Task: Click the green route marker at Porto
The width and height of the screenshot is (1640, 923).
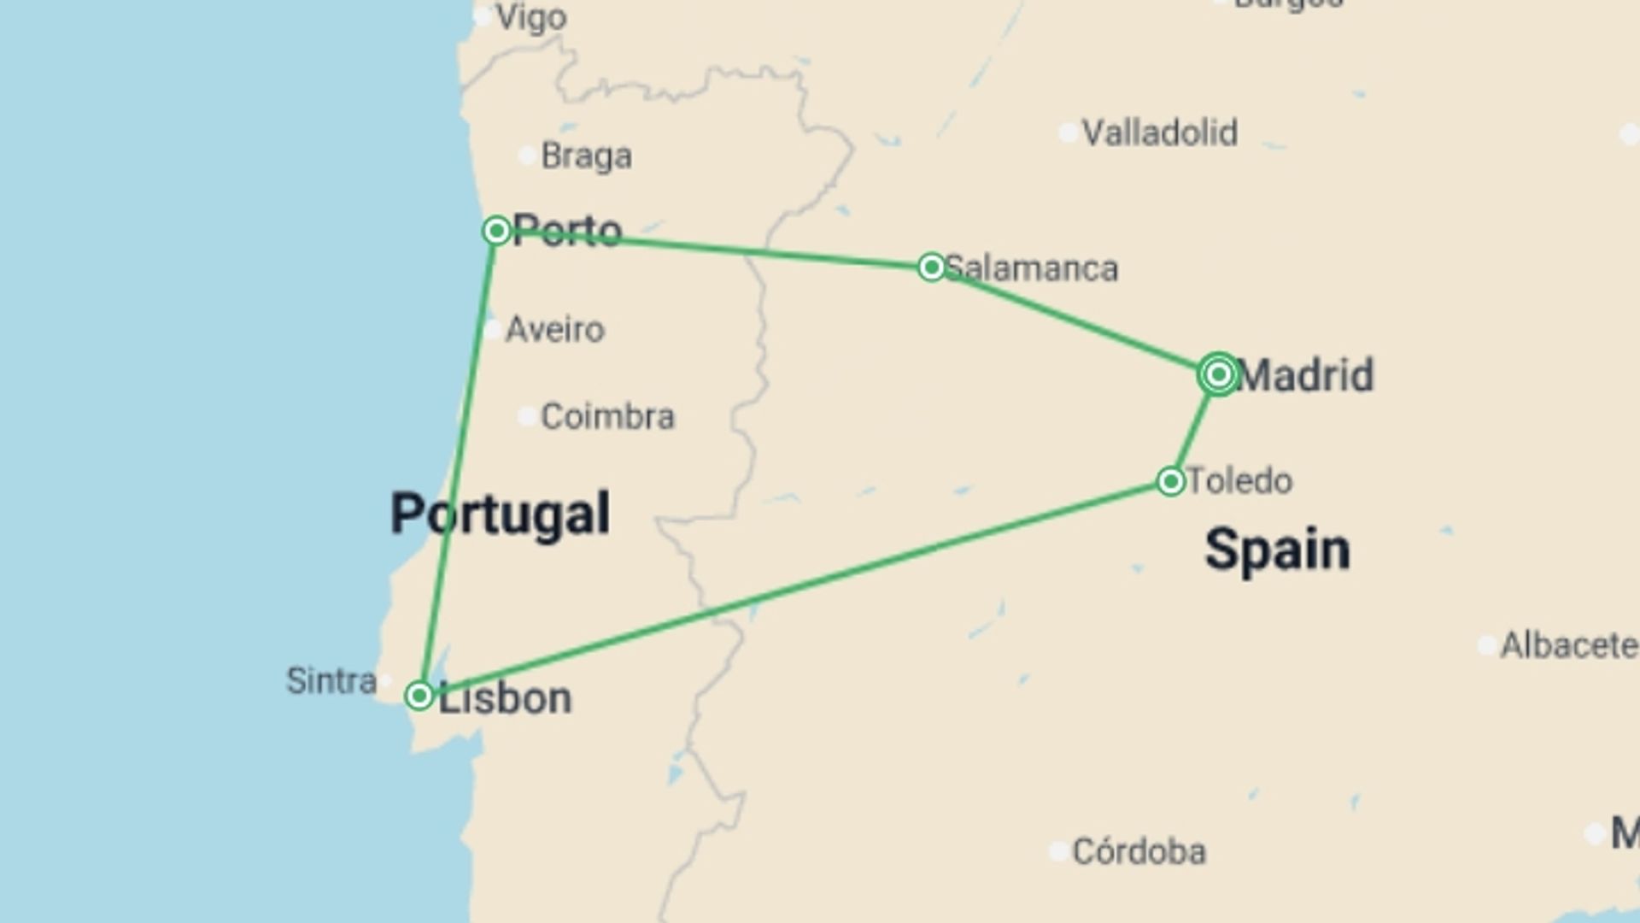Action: (496, 231)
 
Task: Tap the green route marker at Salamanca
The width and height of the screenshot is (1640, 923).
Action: (931, 267)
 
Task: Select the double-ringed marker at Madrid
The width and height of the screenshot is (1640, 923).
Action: (1219, 374)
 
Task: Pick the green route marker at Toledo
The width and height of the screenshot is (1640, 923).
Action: (1170, 481)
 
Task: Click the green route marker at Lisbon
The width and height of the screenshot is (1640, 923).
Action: (419, 696)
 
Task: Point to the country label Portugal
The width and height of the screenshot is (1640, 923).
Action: (501, 514)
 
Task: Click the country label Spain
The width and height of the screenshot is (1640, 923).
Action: (1277, 550)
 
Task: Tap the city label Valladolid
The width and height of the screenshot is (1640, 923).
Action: (1159, 133)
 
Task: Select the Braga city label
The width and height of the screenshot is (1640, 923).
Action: (587, 156)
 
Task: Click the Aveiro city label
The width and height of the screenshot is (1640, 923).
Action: (555, 330)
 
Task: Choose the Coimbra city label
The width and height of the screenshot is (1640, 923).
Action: (607, 417)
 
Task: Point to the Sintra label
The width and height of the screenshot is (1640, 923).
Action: (331, 681)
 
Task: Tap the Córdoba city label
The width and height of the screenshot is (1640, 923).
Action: (1139, 852)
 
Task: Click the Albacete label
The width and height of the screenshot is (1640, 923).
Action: (1568, 646)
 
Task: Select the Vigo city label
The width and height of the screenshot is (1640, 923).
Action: (531, 17)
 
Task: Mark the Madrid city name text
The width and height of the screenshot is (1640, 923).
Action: (1304, 375)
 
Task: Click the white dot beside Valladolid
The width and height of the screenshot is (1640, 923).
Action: (1068, 133)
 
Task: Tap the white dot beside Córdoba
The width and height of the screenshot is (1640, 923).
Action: (1058, 851)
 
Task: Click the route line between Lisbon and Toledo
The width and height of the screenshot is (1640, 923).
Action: (794, 589)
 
